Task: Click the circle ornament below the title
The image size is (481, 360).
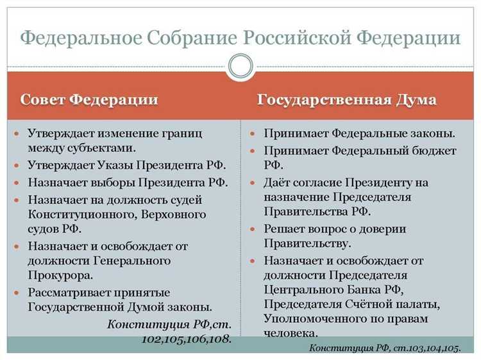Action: tap(240, 65)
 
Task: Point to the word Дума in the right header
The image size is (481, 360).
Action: tap(415, 100)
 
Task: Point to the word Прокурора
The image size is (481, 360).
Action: tap(60, 275)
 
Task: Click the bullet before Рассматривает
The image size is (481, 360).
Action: tap(17, 292)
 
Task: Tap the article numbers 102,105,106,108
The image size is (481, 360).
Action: tap(186, 338)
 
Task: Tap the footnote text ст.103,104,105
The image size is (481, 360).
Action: tap(424, 347)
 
